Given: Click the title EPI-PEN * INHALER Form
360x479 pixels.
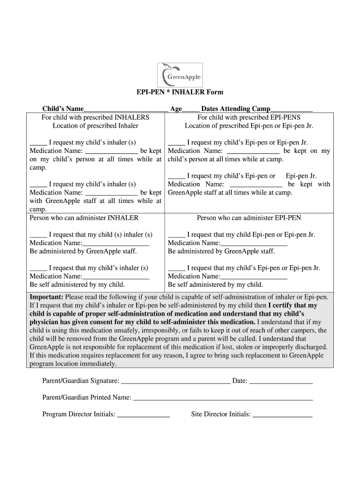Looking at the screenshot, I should [180, 92].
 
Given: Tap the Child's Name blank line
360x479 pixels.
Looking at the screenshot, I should [126, 110].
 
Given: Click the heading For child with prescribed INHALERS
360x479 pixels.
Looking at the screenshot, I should [95, 117].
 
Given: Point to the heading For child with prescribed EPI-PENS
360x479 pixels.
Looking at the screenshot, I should [249, 117].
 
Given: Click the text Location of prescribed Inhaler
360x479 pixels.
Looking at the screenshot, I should [95, 126].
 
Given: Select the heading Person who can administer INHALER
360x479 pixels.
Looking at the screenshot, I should [84, 218].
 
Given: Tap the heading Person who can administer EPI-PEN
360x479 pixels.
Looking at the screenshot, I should [249, 218].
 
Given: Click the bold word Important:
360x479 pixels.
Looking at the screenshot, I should [47, 297].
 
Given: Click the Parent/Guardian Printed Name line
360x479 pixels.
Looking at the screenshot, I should [223, 398].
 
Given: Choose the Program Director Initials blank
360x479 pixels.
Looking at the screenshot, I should [143, 415].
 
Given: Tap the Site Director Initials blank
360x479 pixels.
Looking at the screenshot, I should [282, 415].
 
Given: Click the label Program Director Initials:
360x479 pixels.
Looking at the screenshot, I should [79, 414].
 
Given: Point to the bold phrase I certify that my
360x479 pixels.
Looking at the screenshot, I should [292, 305].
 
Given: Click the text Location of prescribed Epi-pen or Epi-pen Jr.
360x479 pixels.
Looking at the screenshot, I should [249, 126].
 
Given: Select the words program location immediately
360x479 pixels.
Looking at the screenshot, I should [73, 364].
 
